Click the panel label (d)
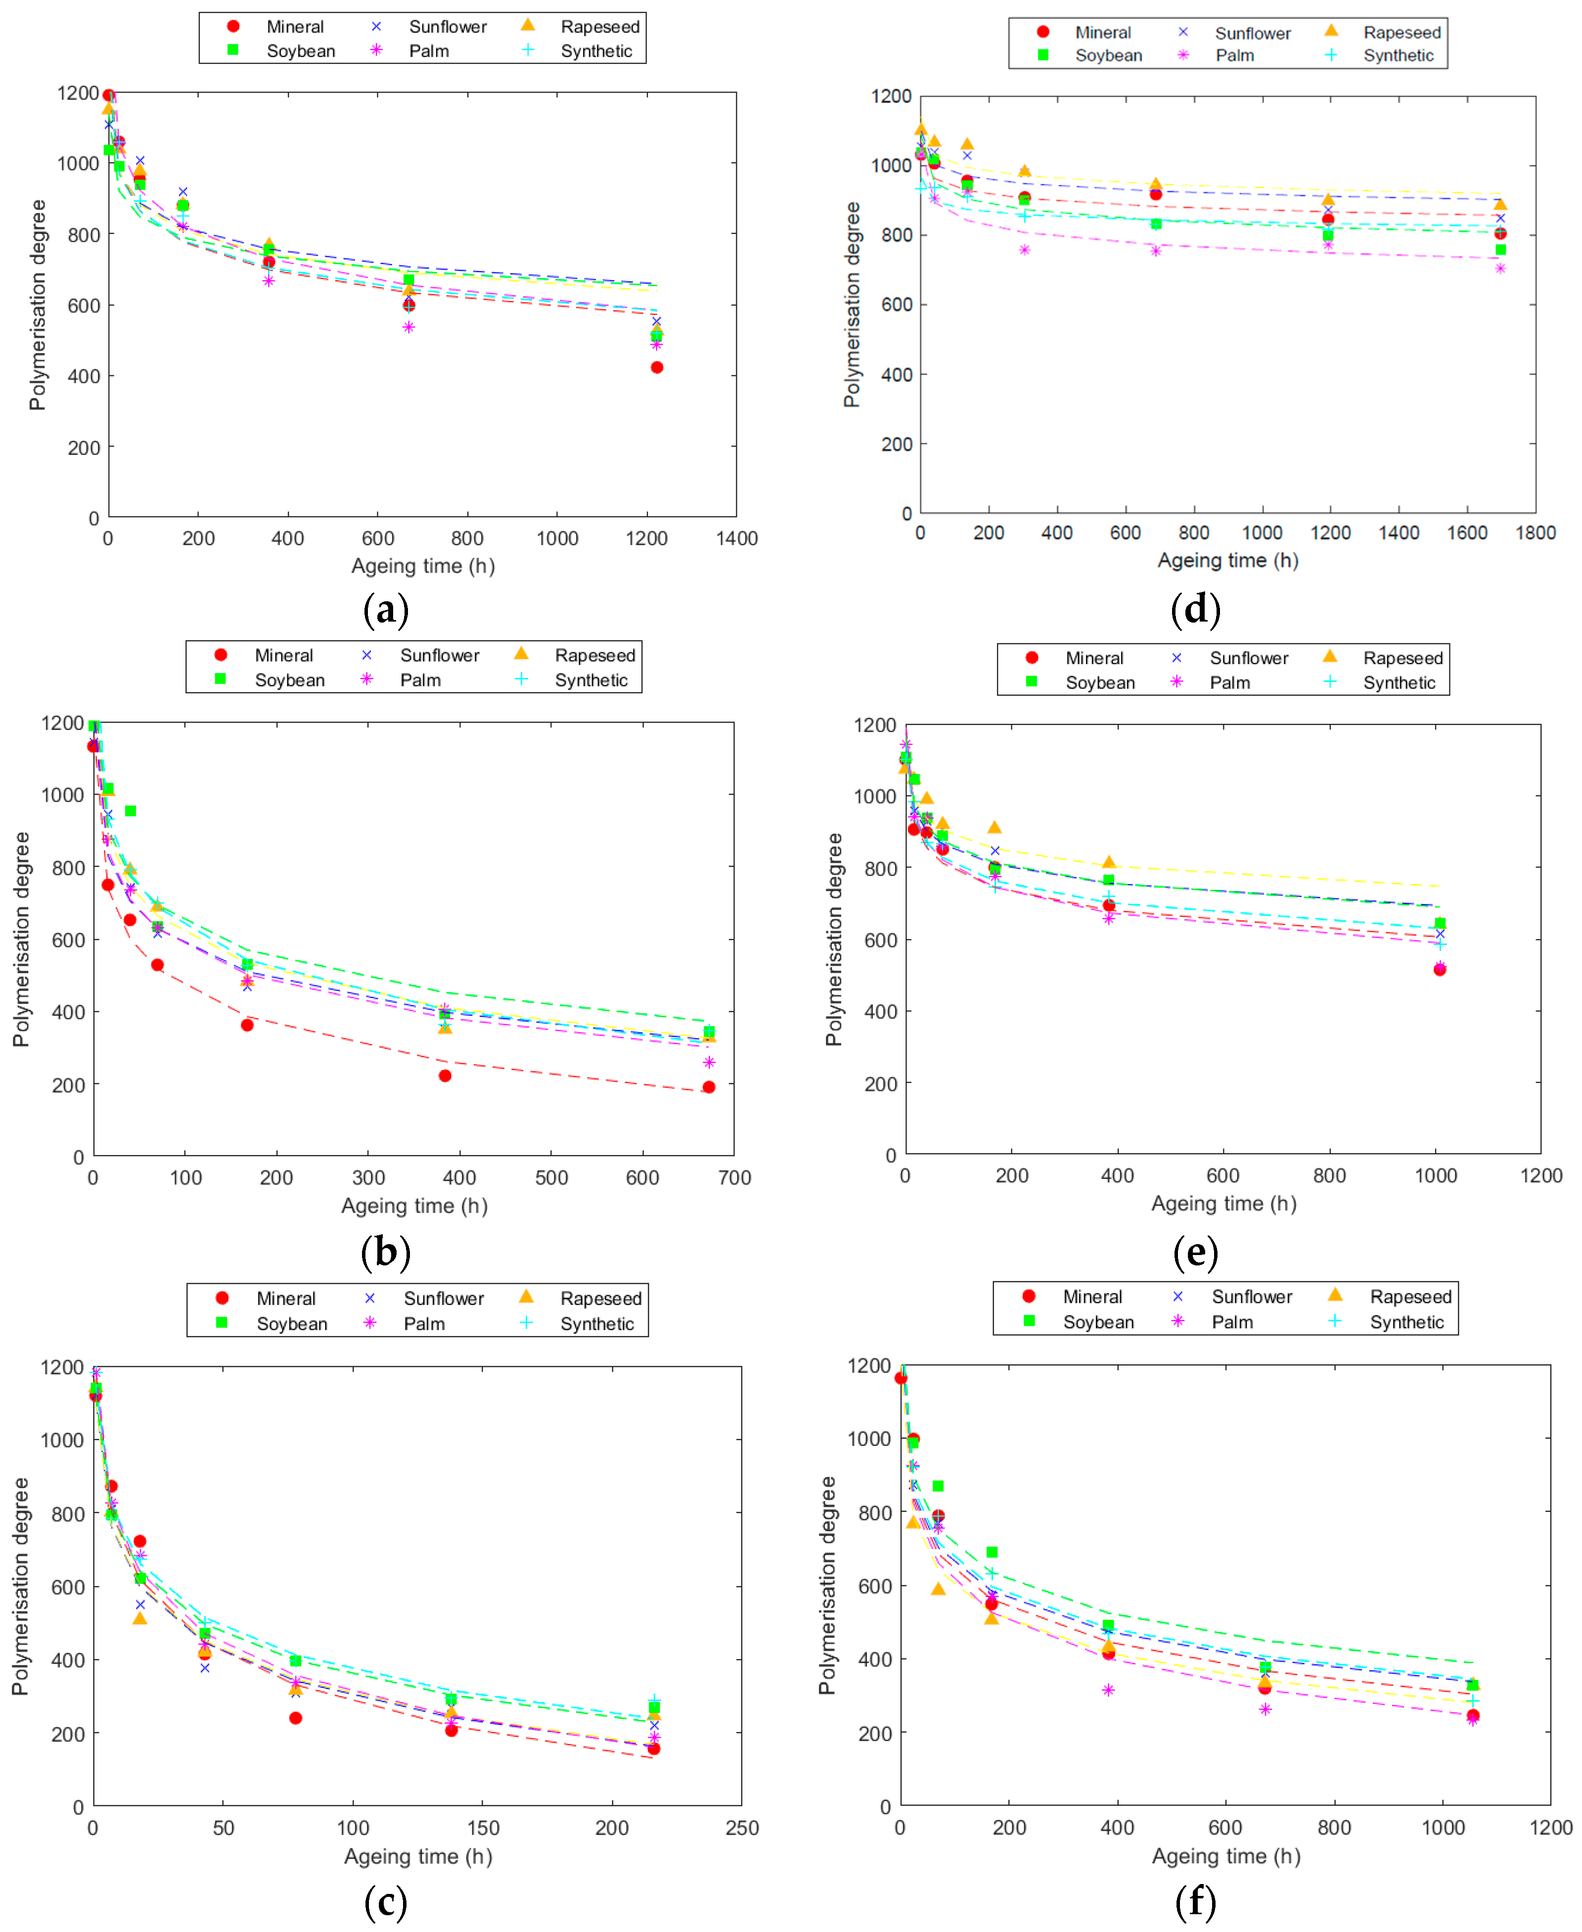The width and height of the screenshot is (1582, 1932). pos(1195,609)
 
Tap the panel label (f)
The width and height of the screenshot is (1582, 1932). pos(1195,1901)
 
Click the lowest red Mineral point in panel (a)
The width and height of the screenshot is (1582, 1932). pos(657,367)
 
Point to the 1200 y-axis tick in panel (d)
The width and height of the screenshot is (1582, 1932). pos(890,96)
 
